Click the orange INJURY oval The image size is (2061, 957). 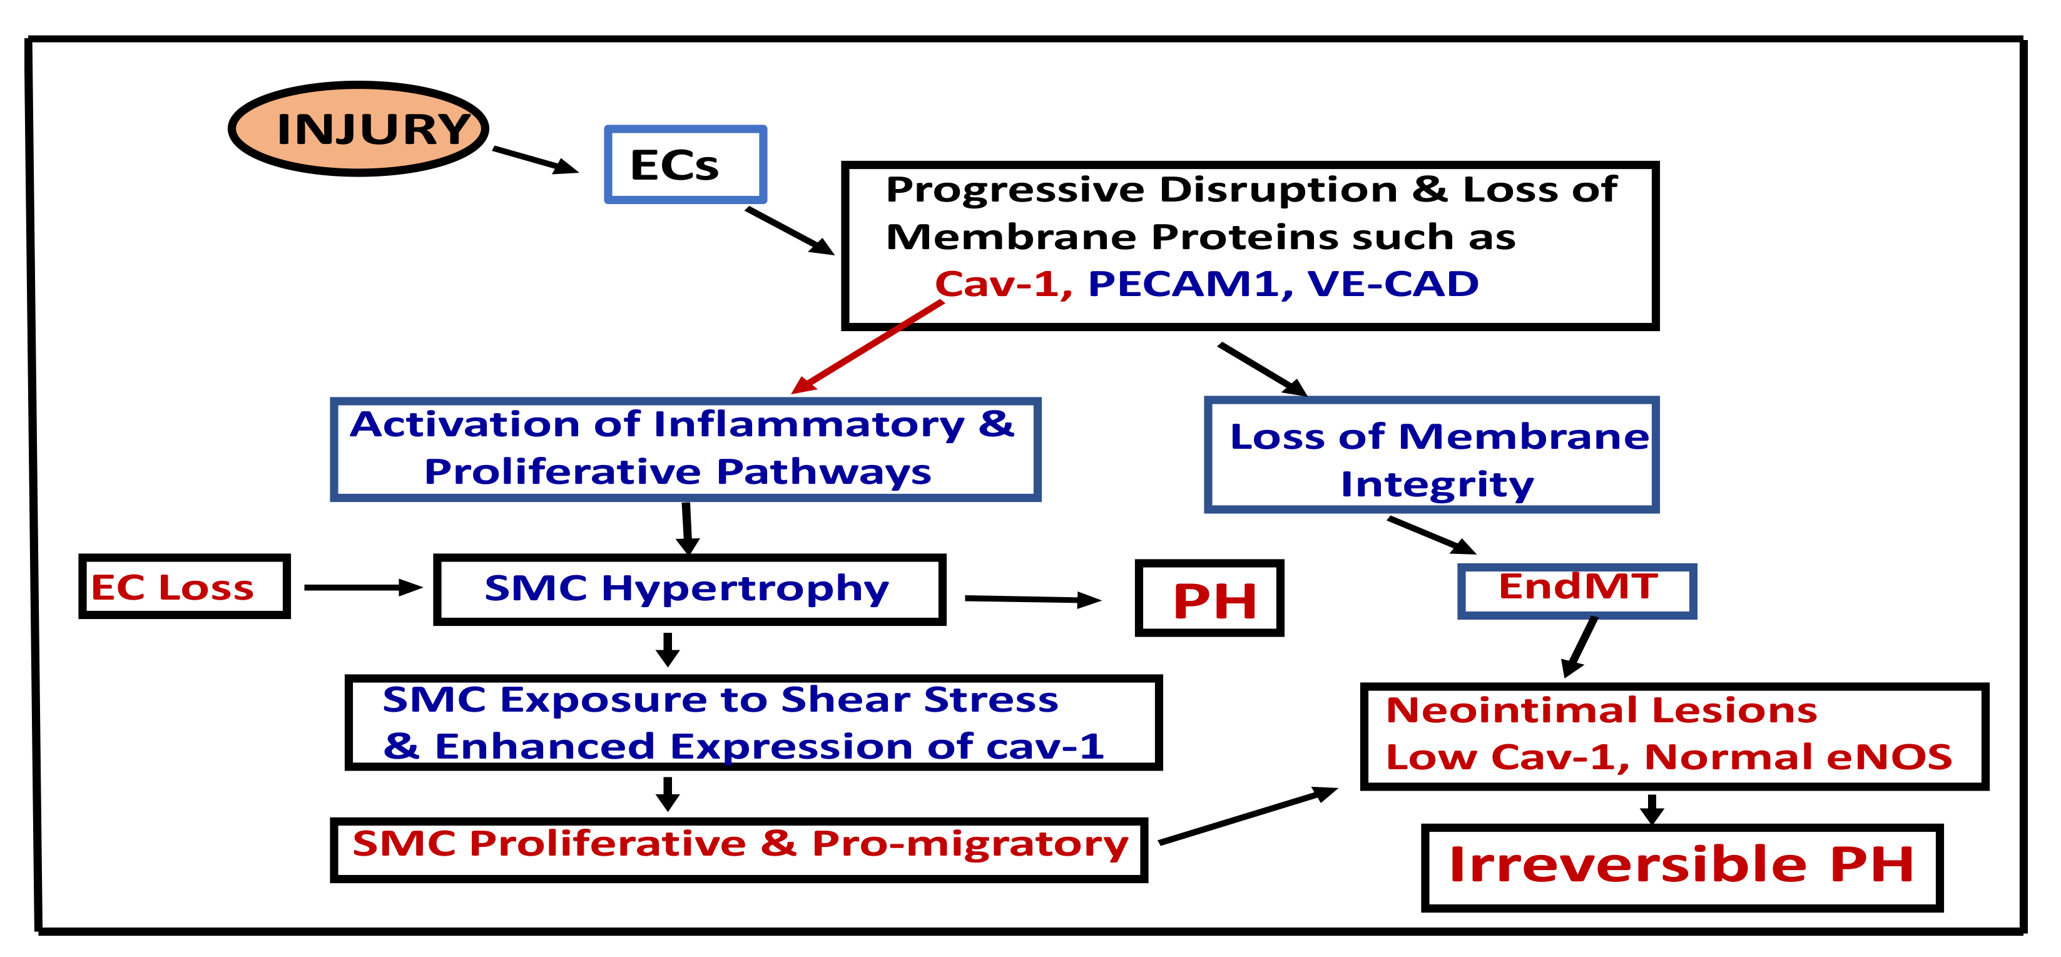pos(359,128)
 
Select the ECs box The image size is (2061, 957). pos(685,164)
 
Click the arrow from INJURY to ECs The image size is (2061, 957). pos(534,159)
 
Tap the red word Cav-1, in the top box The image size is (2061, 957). pos(1002,284)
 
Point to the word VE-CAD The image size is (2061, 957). pos(1392,284)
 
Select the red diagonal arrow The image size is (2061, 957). pos(868,347)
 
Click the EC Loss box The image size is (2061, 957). pos(183,587)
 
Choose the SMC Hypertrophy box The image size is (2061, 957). pos(688,589)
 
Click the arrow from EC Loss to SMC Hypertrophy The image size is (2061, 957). pos(362,587)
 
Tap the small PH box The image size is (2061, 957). pos(1209,598)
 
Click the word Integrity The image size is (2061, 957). pos(1437,484)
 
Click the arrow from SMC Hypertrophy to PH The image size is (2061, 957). pos(1032,598)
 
